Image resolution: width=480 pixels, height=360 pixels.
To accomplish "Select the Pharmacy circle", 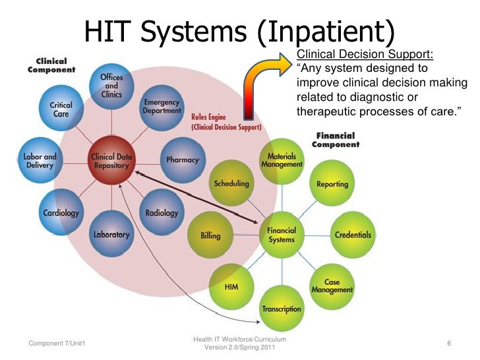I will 182,160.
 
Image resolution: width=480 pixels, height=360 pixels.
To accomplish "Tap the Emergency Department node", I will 162,107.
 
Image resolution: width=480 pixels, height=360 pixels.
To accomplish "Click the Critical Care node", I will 61,109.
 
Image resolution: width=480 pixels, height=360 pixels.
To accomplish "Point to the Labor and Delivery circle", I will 40,161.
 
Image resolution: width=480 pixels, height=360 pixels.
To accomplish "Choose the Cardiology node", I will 61,212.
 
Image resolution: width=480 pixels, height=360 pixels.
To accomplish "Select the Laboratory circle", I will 111,233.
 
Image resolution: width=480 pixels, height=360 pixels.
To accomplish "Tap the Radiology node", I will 162,212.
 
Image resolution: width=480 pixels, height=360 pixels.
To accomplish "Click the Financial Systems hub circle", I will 282,235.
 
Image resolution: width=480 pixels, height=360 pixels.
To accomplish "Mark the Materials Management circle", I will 282,161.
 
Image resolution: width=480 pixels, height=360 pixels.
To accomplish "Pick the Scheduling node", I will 231,183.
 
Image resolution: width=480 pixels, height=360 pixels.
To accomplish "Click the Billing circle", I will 210,235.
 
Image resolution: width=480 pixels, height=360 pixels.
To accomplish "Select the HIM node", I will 231,287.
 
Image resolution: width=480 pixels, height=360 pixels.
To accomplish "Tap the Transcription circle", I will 282,308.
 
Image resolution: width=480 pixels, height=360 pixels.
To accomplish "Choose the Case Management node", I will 332,286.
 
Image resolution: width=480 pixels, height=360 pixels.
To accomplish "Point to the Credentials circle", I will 353,235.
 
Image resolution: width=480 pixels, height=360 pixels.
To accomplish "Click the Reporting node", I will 332,184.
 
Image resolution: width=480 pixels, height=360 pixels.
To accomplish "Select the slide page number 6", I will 448,344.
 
